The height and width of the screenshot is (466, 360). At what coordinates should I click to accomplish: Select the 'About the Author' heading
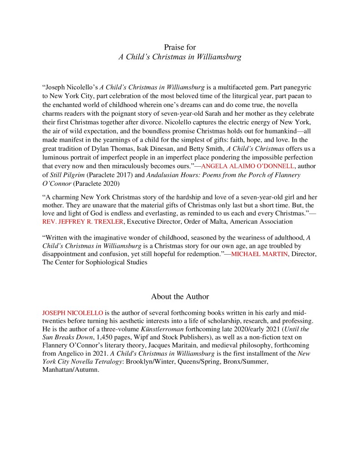pos(180,297)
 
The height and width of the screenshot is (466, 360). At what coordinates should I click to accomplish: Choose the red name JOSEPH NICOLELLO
pos(72,313)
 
